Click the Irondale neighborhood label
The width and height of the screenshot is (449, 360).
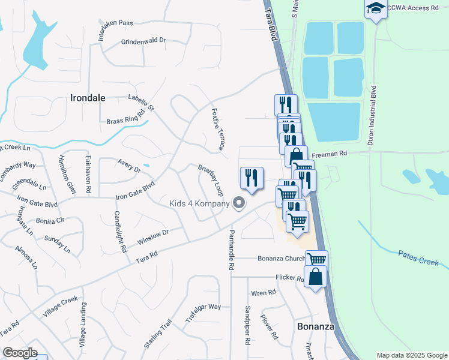point(88,98)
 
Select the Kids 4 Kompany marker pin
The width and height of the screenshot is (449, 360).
point(239,203)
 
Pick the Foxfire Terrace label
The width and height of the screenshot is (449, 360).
point(218,129)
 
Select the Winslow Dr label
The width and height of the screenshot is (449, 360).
point(154,237)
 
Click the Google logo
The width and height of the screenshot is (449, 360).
point(20,353)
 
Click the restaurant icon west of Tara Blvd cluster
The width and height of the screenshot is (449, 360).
point(252,178)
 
